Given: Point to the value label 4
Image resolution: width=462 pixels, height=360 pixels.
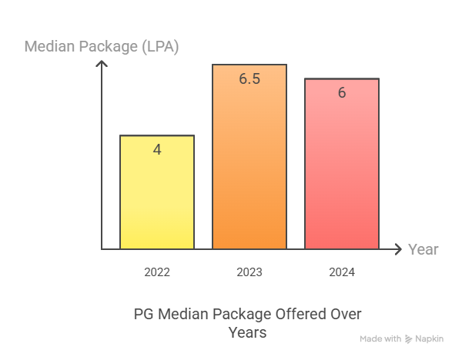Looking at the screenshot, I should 157,150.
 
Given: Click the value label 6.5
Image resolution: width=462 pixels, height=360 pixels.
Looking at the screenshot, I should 249,78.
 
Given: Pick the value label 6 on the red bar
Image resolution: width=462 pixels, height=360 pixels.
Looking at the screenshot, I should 342,92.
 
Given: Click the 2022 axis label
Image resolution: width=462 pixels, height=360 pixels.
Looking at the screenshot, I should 157,272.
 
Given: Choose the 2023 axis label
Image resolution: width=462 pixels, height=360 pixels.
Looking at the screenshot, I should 249,272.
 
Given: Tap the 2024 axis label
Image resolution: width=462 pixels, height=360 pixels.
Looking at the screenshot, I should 342,272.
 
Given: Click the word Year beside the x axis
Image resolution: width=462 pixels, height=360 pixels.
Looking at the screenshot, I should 423,249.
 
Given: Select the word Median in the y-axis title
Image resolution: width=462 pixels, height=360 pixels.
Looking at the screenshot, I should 50,46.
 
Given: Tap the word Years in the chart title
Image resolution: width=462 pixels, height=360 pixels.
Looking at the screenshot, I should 247,332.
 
